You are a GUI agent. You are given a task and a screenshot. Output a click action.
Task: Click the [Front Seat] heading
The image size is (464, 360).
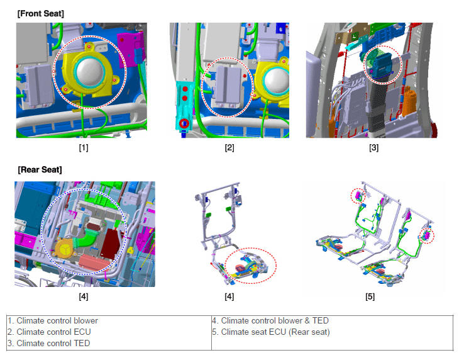tap(40, 14)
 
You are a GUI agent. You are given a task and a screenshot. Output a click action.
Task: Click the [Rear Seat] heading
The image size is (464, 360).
tap(40, 170)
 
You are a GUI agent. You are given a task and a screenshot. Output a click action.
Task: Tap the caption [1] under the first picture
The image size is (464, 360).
tap(84, 147)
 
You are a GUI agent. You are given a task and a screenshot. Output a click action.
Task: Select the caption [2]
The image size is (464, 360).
tap(229, 147)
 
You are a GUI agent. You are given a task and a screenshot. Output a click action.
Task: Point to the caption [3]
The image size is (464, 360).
tap(373, 147)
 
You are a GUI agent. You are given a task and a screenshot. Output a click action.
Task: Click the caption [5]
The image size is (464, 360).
tap(370, 296)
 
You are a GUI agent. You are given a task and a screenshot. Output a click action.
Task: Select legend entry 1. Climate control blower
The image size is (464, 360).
tap(53, 320)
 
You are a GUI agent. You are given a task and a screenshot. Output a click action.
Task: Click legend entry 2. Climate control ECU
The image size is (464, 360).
tap(49, 332)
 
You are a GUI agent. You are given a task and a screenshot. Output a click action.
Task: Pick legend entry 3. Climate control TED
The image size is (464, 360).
tap(49, 343)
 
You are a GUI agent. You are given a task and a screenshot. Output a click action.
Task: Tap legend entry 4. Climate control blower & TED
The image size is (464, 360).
tap(270, 320)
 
